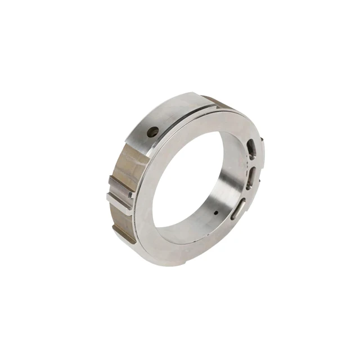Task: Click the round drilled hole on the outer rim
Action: [152, 132]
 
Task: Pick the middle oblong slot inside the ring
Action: [251, 175]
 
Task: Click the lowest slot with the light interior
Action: [239, 206]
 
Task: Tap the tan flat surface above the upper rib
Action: [127, 163]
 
